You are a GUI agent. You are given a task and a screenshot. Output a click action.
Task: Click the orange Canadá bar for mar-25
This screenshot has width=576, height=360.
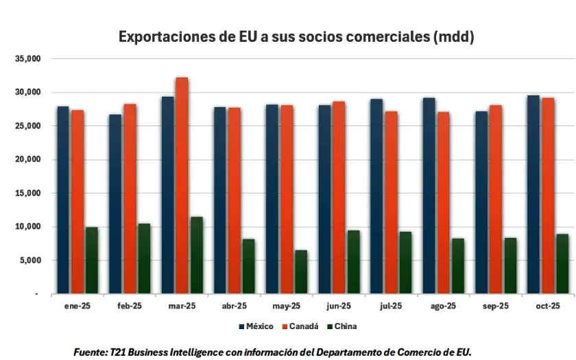182,185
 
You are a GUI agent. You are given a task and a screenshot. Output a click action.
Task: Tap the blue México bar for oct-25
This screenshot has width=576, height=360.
533,195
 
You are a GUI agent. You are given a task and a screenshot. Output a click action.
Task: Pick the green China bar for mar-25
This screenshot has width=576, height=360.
196,255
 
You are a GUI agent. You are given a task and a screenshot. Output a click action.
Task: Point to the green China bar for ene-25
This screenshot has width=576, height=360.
91,261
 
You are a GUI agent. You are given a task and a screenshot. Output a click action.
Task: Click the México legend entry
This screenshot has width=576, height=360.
256,326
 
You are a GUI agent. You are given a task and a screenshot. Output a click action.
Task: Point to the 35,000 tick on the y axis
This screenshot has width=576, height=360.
28,59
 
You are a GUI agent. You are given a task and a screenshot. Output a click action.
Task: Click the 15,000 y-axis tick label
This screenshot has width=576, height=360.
28,193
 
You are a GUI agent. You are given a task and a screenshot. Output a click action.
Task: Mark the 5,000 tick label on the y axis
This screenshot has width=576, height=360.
30,261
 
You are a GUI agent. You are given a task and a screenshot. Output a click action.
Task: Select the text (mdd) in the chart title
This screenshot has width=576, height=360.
453,37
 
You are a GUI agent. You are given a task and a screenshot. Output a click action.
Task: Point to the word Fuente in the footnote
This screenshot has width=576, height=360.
89,352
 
